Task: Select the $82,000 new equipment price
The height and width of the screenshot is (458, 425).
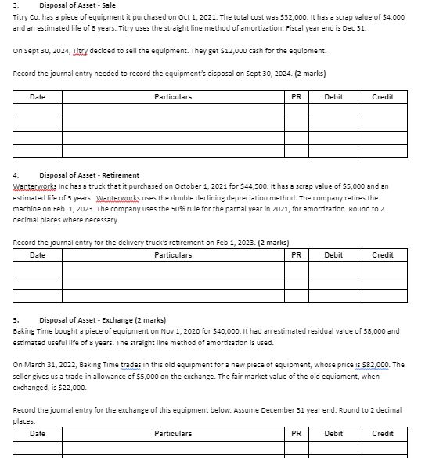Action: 373,365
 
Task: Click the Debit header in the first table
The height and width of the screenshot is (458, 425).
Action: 333,97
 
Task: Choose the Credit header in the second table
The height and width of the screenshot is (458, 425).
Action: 382,255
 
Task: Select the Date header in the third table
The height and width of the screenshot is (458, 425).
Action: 37,433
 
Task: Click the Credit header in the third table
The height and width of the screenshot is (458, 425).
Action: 382,433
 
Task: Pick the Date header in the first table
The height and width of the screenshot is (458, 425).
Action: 37,97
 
